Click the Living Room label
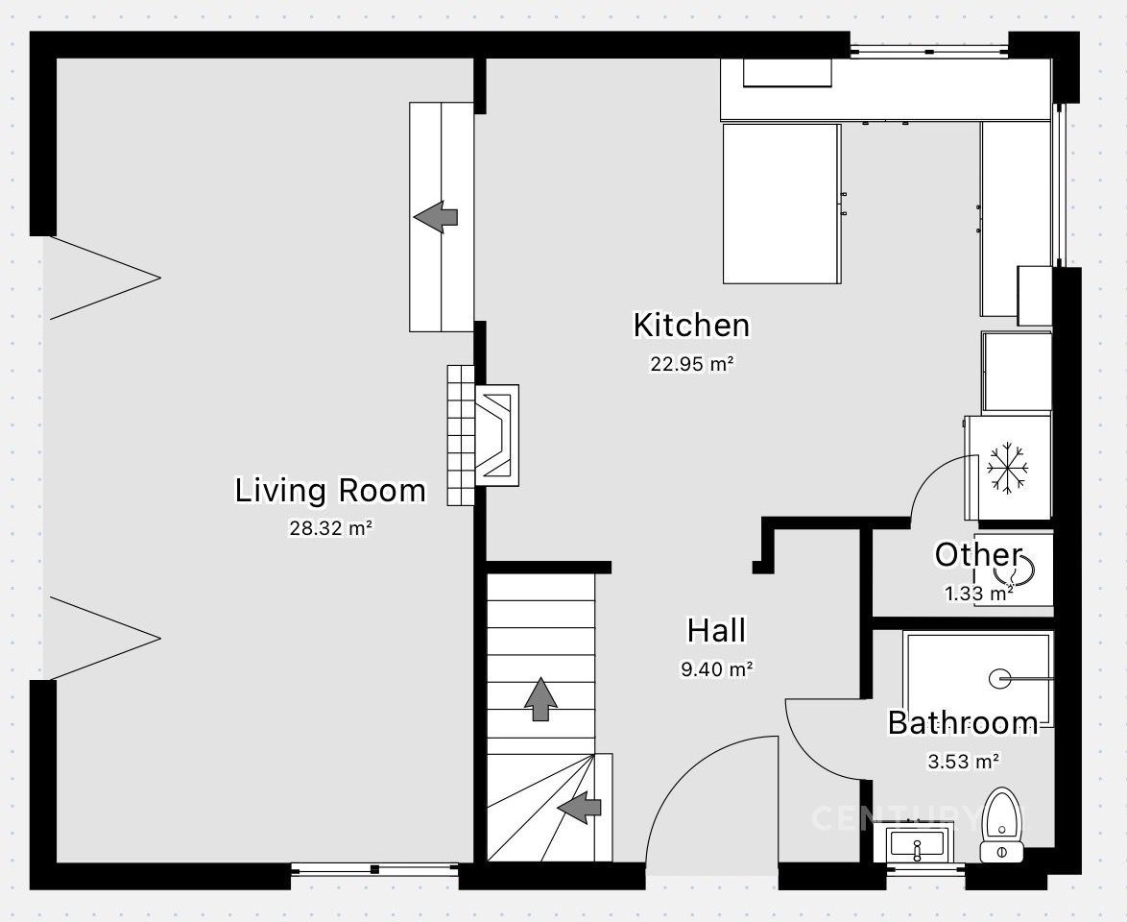[330, 491]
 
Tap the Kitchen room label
[691, 325]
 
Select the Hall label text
[716, 631]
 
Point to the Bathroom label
[963, 723]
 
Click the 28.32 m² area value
[330, 528]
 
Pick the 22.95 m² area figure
[691, 364]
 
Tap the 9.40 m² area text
[716, 669]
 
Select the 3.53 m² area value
[963, 761]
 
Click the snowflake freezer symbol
[1008, 469]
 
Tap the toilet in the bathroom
[1002, 825]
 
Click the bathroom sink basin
[917, 844]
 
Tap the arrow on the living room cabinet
[436, 216]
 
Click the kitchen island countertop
[782, 204]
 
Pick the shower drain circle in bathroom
[999, 678]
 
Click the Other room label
[978, 555]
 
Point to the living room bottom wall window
[374, 869]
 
